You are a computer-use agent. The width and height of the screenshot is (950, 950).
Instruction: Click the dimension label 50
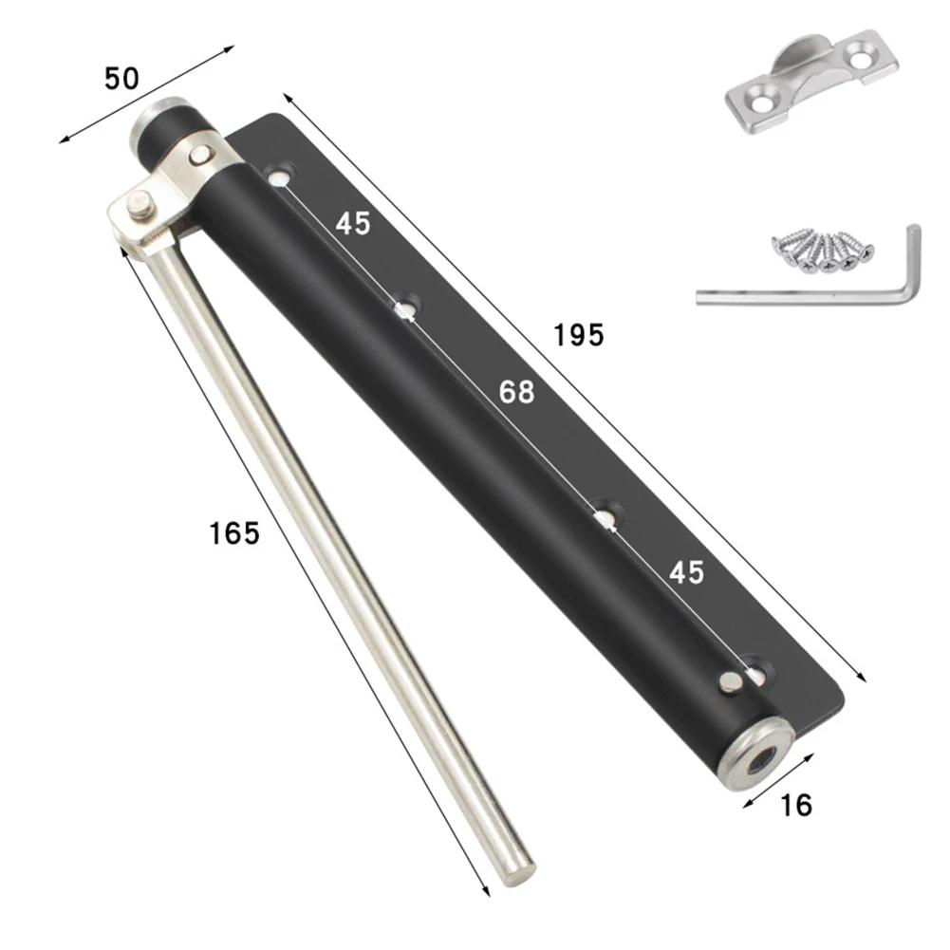tap(121, 79)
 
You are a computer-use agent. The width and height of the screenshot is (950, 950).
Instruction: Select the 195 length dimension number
tap(579, 334)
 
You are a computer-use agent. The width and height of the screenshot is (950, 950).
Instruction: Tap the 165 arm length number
tap(234, 533)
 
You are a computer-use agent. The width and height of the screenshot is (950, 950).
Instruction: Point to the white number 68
tap(517, 391)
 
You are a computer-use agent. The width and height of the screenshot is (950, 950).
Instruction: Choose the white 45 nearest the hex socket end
tap(686, 572)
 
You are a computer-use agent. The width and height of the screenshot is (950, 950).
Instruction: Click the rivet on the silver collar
tap(199, 155)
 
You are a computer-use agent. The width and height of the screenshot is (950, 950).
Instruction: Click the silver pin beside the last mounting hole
tap(731, 681)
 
